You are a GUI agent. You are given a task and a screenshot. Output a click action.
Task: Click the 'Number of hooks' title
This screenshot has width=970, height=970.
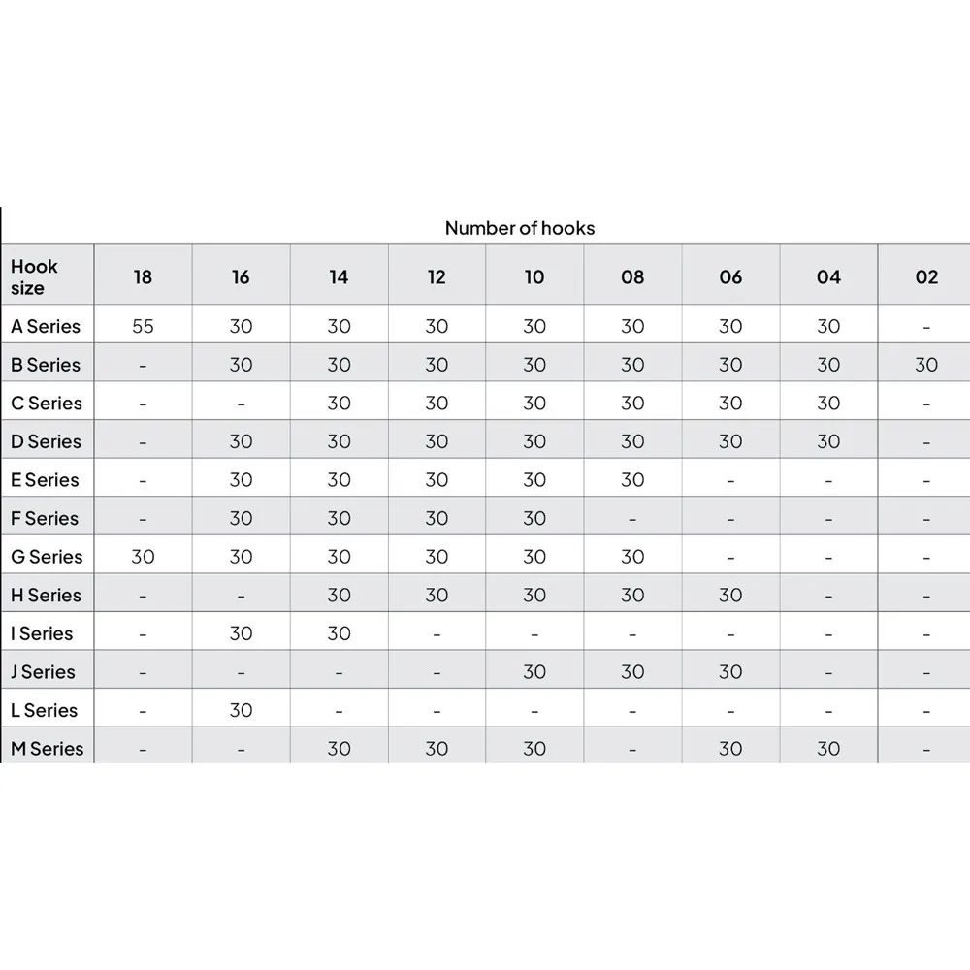coord(519,228)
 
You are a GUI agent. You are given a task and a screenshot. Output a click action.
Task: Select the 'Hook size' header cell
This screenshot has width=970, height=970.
coord(35,276)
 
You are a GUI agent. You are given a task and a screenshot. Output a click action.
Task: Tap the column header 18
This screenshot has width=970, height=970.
coord(143,277)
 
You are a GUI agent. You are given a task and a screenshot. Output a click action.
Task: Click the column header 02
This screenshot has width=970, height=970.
coord(926,277)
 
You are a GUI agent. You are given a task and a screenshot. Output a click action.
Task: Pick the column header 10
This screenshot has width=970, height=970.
coord(534,277)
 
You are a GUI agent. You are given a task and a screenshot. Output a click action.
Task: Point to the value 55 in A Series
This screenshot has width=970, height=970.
coord(143,326)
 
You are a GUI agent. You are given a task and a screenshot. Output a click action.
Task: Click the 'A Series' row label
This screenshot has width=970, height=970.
coord(46,326)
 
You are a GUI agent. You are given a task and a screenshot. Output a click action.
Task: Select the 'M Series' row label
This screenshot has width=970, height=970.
coord(47,748)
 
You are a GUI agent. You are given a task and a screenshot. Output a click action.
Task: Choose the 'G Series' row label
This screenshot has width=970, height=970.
coord(47,557)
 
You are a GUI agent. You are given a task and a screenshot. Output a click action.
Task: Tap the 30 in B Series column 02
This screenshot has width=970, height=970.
coord(926,365)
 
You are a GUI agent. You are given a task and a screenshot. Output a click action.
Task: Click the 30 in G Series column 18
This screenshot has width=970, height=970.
coord(143,557)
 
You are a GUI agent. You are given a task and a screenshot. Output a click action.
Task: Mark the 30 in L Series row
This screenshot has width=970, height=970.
coord(241,710)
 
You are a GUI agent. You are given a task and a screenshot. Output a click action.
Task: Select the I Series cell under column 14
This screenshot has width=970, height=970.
coord(339,633)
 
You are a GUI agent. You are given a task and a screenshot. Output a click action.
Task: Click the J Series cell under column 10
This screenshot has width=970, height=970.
coord(534,671)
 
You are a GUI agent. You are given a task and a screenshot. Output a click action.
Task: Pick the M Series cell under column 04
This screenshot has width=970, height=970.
coord(828,748)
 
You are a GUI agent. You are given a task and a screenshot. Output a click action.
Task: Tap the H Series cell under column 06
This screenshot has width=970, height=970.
coord(730,595)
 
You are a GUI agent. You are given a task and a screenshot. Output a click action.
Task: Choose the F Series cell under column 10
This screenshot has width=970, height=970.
coord(534,518)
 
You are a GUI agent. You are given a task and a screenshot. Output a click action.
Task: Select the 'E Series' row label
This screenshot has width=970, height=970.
coord(45,480)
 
